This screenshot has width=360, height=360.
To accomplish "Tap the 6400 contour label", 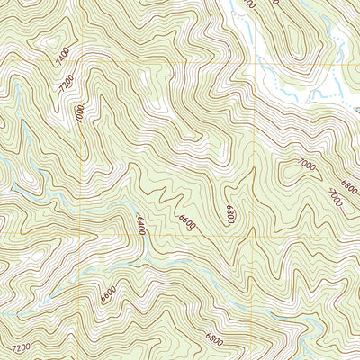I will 141,223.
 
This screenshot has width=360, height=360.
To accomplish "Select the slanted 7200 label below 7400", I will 64,86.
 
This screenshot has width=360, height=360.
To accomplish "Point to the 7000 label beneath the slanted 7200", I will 79,114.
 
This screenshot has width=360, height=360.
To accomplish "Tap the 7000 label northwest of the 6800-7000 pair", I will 308,165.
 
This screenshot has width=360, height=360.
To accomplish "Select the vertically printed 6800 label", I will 230,216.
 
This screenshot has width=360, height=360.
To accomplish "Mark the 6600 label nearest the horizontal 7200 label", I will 109,293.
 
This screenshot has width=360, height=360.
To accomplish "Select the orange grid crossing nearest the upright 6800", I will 256,211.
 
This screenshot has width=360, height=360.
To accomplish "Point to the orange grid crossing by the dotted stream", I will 256,64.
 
